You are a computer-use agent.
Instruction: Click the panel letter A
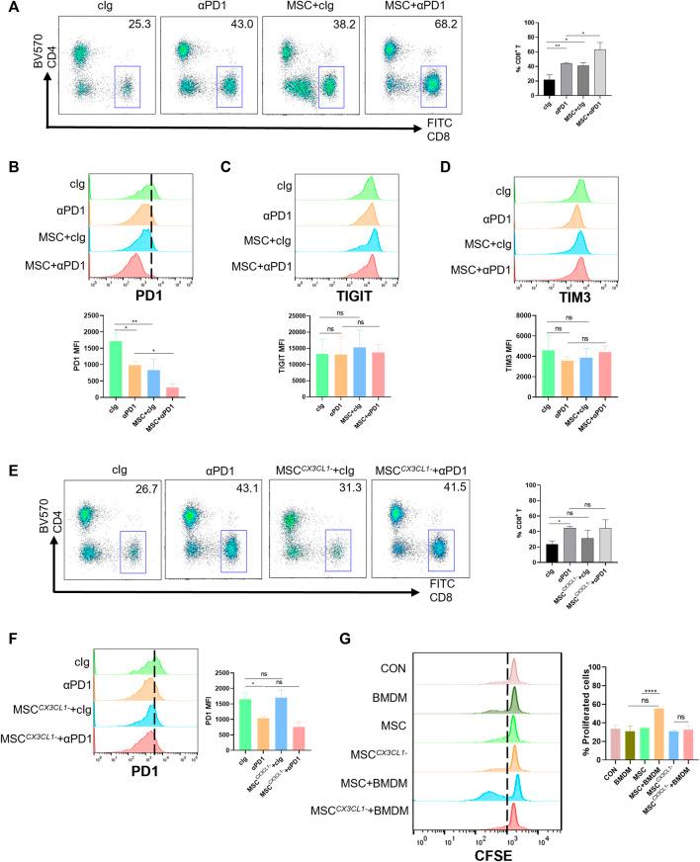point(8,9)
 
